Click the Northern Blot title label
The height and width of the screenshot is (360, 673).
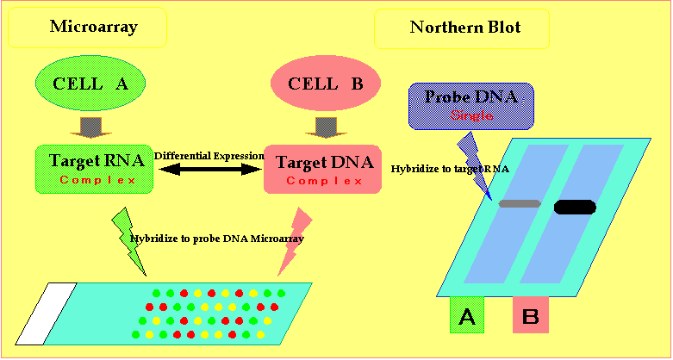tap(465, 28)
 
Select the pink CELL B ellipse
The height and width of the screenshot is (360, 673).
tap(327, 84)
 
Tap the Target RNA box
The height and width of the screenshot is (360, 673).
tap(95, 168)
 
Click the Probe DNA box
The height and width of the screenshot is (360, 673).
tap(470, 105)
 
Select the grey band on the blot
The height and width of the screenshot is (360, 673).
tap(519, 204)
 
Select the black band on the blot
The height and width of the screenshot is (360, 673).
tap(575, 207)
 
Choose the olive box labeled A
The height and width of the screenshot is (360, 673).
tap(467, 315)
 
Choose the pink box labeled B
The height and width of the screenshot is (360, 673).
tap(531, 315)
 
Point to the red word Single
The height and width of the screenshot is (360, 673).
tap(470, 115)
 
